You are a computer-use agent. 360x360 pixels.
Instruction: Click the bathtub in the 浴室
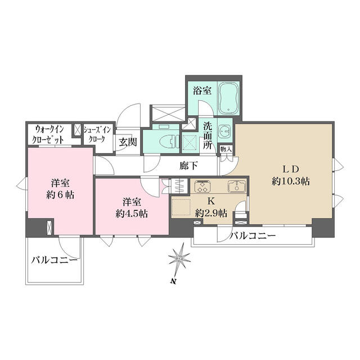(x=228, y=98)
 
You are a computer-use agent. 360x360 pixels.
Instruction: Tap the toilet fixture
(x=169, y=141)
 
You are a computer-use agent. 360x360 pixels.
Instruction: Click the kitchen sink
(x=237, y=186)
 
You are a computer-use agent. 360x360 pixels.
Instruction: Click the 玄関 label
(x=128, y=142)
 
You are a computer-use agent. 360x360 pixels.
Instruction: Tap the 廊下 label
(x=188, y=165)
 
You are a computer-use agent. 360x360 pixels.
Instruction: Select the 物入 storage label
(x=226, y=150)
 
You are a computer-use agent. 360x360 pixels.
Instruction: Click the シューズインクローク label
(x=97, y=134)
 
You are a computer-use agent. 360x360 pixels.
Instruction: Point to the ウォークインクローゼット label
(x=49, y=134)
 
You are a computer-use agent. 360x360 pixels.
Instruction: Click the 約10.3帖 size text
(x=291, y=182)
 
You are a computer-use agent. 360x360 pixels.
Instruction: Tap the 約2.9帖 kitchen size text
(x=211, y=213)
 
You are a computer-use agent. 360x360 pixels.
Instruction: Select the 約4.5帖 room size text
(x=132, y=214)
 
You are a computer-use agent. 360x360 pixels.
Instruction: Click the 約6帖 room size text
(x=60, y=195)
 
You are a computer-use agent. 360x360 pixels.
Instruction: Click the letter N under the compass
(x=174, y=281)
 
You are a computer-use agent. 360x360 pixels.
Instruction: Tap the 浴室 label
(x=202, y=91)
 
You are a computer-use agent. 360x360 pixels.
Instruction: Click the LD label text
(x=290, y=169)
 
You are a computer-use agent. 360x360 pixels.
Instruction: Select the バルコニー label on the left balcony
(x=54, y=260)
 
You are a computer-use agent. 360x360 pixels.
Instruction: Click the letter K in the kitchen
(x=211, y=201)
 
